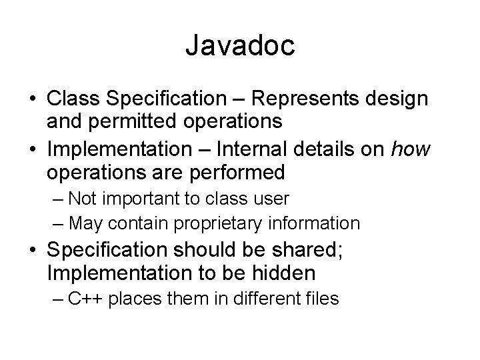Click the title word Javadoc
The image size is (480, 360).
click(x=239, y=46)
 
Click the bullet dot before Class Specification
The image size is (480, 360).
click(x=33, y=99)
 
